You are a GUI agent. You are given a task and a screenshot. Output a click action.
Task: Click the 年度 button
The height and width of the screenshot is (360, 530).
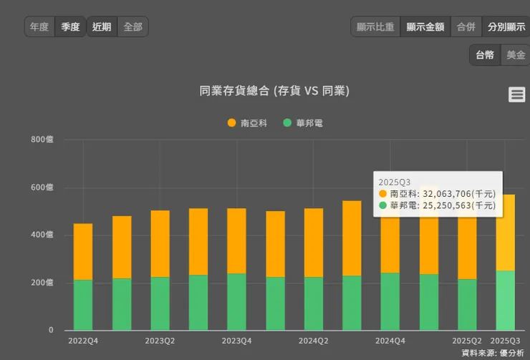click(39, 27)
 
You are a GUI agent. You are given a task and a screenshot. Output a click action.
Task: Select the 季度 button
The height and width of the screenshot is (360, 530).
click(70, 27)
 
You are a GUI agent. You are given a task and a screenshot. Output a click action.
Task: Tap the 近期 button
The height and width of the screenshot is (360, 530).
click(102, 27)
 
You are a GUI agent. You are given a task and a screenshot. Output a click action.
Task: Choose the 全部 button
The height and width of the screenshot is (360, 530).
click(132, 27)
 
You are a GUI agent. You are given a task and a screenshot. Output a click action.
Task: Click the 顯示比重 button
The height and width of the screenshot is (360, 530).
click(375, 27)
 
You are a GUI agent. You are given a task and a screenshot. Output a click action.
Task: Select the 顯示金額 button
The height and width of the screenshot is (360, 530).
click(425, 27)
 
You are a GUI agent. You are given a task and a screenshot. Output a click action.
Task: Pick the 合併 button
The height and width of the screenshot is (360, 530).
click(466, 27)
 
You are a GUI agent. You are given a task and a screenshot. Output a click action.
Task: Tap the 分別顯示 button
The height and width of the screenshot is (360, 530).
click(506, 27)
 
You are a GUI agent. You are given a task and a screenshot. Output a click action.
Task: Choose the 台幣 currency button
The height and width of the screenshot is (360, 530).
click(485, 55)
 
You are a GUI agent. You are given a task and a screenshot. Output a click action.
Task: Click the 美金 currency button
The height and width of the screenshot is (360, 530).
click(516, 55)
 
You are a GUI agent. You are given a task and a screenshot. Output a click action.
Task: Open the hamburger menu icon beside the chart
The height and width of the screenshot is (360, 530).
click(516, 94)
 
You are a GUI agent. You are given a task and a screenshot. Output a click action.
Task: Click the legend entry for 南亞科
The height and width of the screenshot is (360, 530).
click(247, 123)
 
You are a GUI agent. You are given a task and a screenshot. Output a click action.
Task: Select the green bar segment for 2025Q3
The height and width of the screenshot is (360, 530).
click(506, 301)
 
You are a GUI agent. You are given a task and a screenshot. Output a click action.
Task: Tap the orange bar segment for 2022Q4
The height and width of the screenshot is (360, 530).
click(83, 250)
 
